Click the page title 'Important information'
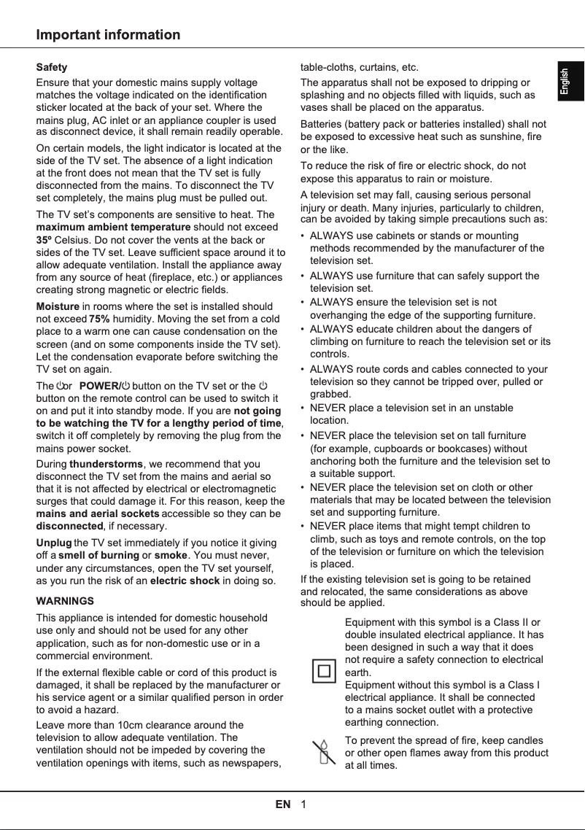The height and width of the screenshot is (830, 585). coord(109,35)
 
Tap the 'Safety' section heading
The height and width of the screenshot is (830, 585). coord(52,67)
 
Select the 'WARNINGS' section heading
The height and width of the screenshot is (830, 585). coord(65,601)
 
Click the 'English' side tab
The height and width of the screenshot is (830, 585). coord(565,82)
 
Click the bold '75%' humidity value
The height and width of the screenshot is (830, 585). coord(99,319)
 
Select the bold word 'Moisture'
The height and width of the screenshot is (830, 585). coord(58,306)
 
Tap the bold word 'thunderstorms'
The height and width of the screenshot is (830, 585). coord(106,464)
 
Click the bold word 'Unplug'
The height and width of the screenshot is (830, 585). coord(54,543)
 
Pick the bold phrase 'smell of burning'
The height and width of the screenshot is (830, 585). coord(99,556)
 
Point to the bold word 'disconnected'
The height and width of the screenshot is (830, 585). coord(69,526)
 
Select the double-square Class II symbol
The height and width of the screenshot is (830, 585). coord(324,670)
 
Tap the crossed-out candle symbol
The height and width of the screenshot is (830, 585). coord(322,752)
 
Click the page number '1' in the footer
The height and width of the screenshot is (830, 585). coord(303,804)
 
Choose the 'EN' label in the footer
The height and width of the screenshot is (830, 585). coord(283,804)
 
